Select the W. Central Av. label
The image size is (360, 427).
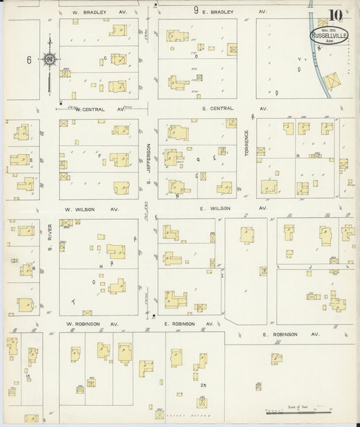click(x=99, y=108)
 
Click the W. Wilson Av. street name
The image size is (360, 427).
click(x=91, y=209)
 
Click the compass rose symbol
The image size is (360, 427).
click(x=49, y=59)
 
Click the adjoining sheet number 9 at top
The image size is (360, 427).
click(x=196, y=10)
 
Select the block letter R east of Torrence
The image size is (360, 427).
click(x=298, y=155)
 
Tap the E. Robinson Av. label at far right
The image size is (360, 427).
click(x=291, y=334)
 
